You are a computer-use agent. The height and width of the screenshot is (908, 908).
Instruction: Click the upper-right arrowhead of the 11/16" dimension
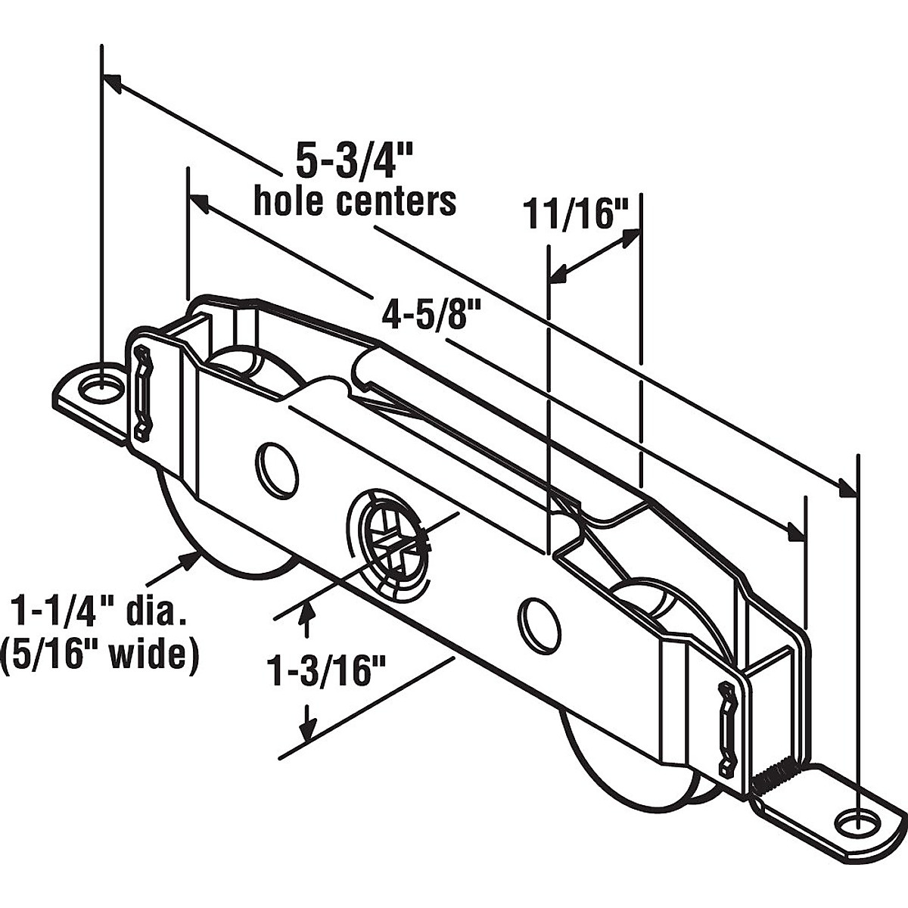(x=630, y=237)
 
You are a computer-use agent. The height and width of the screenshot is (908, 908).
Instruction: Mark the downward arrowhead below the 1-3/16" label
(x=306, y=730)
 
